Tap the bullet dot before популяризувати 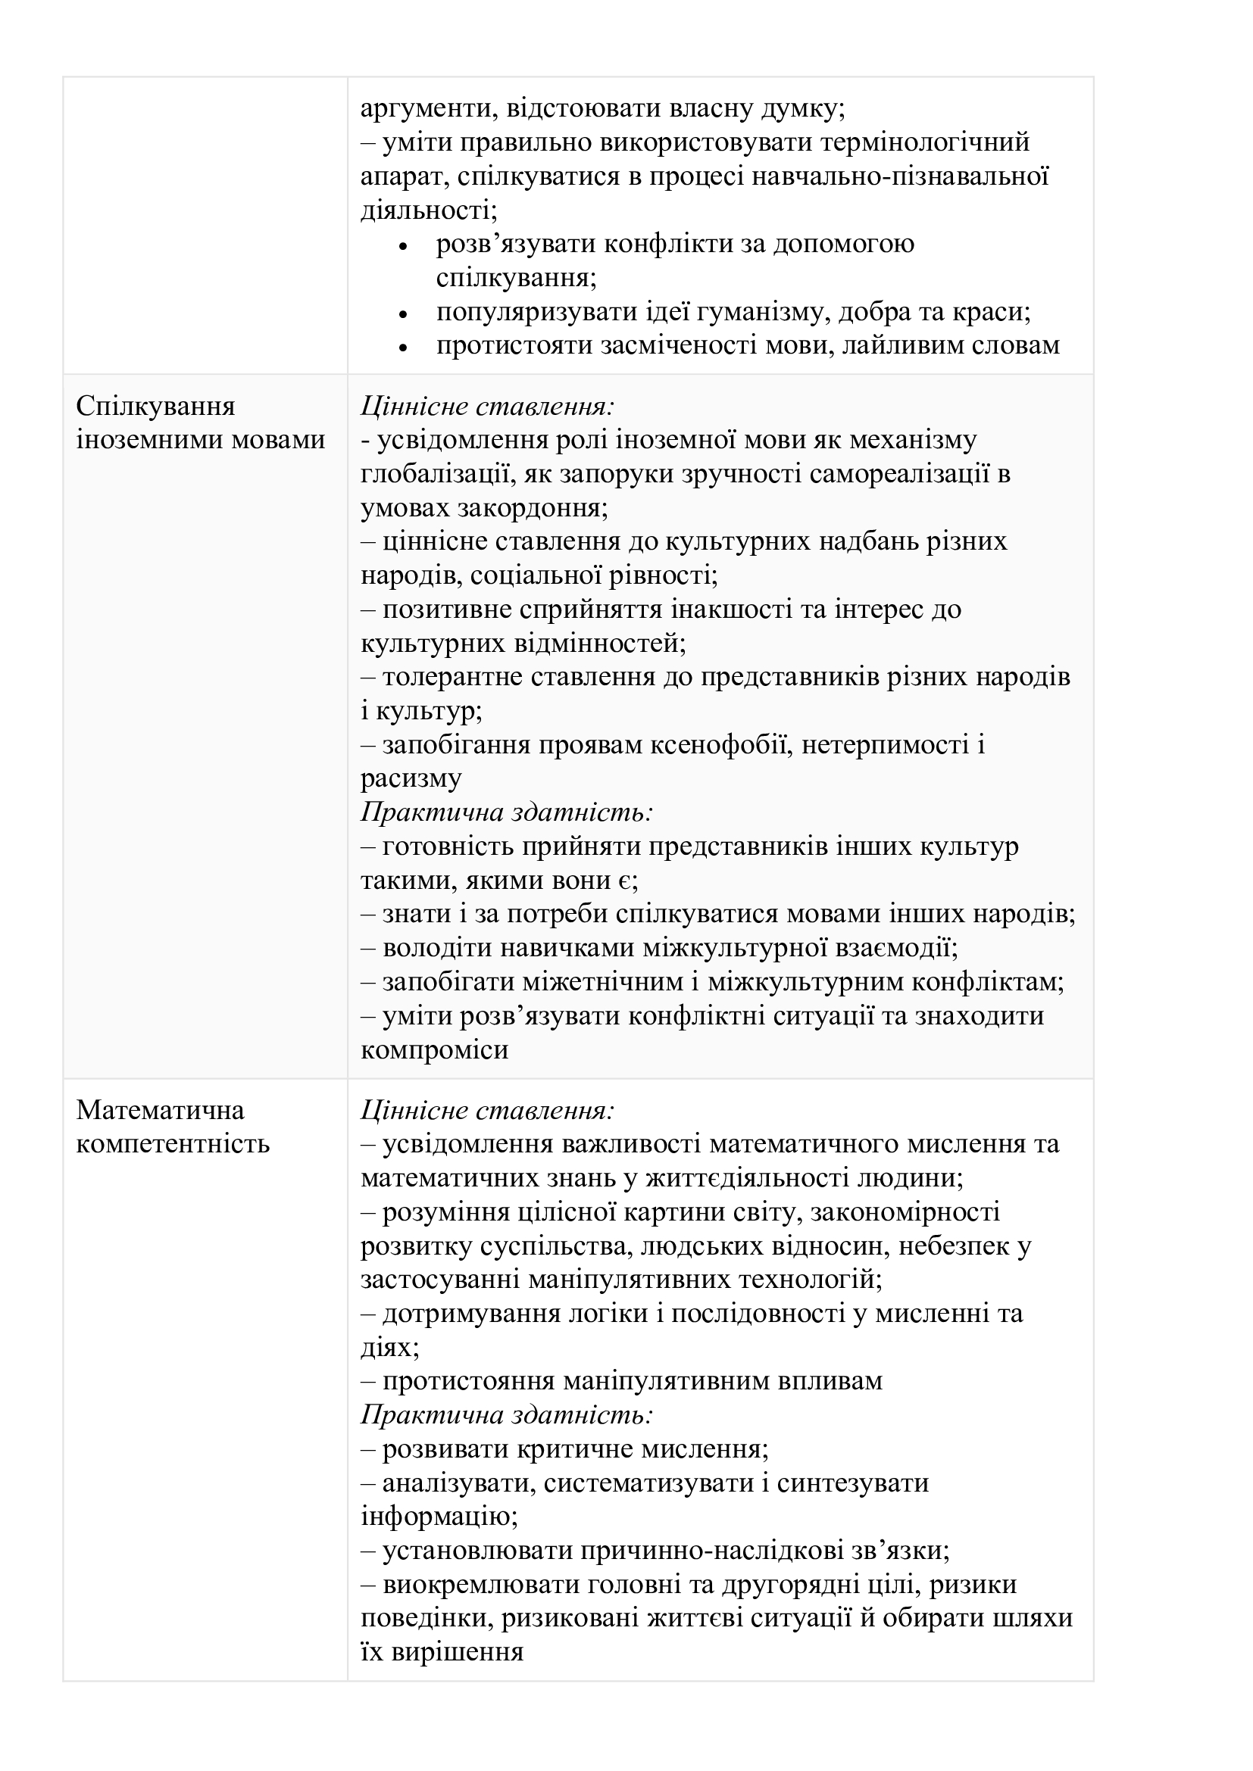(x=402, y=314)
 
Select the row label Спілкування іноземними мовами (x=201, y=422)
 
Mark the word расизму (x=411, y=779)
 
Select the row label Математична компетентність (x=173, y=1127)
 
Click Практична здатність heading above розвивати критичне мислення (x=507, y=1415)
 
